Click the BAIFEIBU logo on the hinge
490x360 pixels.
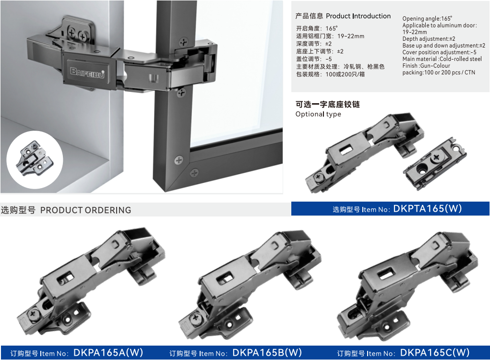87,72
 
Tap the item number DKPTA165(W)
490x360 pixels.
427,208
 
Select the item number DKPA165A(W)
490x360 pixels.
108,352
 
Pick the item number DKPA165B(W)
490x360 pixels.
267,352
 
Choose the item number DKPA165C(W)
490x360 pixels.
435,352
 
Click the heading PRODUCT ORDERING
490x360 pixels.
85,210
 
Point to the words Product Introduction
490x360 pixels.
358,16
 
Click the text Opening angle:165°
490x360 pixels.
427,18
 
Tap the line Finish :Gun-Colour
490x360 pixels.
426,66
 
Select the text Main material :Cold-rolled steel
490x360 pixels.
442,59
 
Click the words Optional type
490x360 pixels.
318,114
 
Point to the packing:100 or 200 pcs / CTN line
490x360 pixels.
439,72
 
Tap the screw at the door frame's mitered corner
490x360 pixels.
194,172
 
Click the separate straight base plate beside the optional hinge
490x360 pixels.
434,163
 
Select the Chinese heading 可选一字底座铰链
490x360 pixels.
328,104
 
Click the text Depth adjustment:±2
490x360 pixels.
429,39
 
